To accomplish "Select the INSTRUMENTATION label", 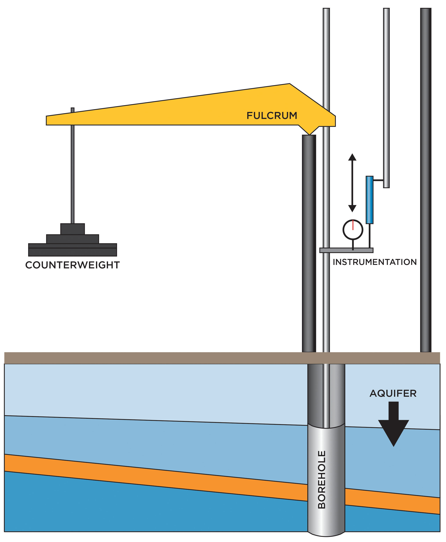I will [x=375, y=262].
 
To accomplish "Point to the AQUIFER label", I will [x=393, y=393].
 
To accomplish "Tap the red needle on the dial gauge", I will [x=353, y=225].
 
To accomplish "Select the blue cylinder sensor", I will [x=369, y=200].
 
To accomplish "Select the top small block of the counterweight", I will [x=72, y=229].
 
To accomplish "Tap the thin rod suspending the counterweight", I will [x=72, y=175].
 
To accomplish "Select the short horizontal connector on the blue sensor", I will [x=378, y=180].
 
